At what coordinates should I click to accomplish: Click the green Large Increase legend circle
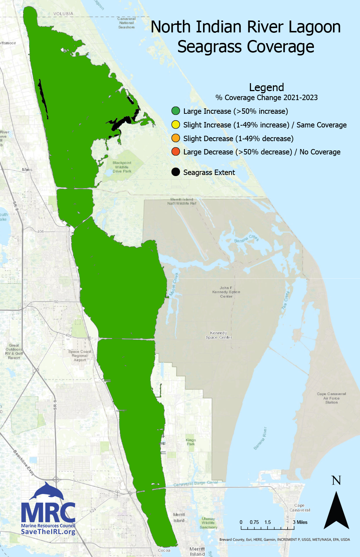click(176, 111)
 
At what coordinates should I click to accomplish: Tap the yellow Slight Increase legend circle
click(176, 125)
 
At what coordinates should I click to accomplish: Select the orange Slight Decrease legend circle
click(176, 138)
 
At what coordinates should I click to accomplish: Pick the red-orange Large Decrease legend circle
click(176, 152)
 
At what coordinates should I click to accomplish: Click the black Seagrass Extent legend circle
click(176, 172)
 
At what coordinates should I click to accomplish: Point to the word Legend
click(266, 87)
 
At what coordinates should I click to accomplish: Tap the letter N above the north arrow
click(336, 480)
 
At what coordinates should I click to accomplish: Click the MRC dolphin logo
click(47, 491)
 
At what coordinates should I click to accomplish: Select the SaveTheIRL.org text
click(48, 532)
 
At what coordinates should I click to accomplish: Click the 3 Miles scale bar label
click(300, 522)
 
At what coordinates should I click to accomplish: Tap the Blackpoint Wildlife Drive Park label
click(122, 167)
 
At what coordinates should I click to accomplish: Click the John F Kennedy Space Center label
click(226, 292)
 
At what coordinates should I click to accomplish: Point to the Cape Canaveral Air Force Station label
click(331, 398)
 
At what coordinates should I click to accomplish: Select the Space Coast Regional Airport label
click(80, 356)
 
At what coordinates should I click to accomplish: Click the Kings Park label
click(191, 442)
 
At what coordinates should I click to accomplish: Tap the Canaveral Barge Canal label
click(195, 483)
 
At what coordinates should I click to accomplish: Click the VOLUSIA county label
click(63, 14)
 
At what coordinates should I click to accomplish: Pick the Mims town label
click(27, 170)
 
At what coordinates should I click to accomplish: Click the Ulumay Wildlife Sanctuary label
click(208, 523)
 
